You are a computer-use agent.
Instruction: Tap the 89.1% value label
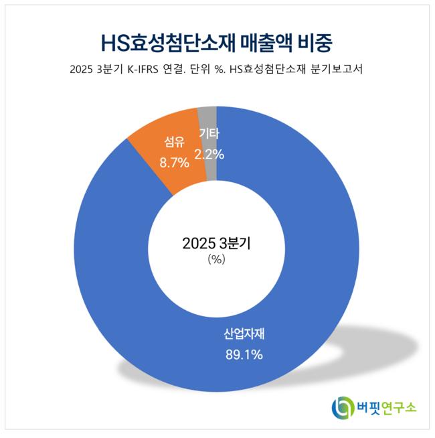pyautogui.click(x=244, y=354)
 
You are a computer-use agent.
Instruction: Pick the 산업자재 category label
pyautogui.click(x=244, y=334)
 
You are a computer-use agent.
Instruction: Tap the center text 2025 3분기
pyautogui.click(x=216, y=244)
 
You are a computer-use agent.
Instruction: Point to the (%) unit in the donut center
pyautogui.click(x=216, y=260)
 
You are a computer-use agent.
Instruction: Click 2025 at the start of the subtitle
pyautogui.click(x=82, y=70)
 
